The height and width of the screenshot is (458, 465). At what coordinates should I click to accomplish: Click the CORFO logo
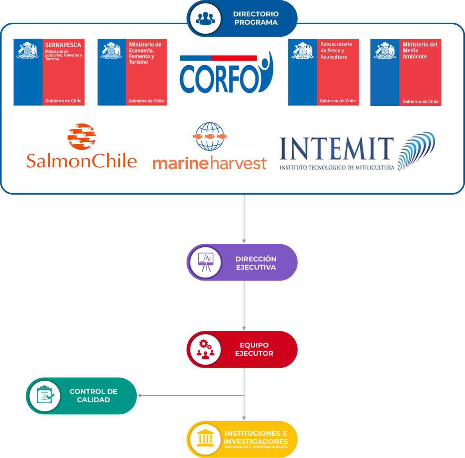[226, 73]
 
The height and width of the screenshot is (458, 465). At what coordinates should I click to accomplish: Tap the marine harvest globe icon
[210, 136]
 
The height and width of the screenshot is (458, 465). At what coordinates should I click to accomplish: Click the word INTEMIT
[336, 149]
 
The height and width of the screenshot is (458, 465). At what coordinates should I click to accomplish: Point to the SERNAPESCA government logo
[49, 72]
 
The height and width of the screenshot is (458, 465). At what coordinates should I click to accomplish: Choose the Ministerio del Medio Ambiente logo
[406, 72]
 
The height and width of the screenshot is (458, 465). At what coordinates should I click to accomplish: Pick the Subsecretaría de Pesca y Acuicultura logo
[323, 72]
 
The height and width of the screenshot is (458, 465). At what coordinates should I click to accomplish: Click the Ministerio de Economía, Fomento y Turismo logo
[132, 72]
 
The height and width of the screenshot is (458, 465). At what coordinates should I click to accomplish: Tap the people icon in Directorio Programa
[205, 18]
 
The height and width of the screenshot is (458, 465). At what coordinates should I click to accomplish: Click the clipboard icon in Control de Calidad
[45, 395]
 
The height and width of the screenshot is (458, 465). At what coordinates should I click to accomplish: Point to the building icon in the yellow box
[205, 439]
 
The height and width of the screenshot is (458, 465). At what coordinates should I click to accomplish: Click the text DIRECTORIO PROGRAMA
[256, 18]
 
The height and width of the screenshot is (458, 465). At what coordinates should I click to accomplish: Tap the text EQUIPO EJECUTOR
[254, 349]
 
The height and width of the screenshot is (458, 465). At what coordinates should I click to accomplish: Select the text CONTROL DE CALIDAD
[93, 395]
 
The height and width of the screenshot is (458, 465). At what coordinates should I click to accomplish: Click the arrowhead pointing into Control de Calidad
[140, 395]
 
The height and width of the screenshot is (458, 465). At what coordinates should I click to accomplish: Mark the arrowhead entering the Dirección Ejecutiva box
[244, 241]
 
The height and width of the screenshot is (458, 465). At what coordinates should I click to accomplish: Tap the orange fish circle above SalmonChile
[82, 137]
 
